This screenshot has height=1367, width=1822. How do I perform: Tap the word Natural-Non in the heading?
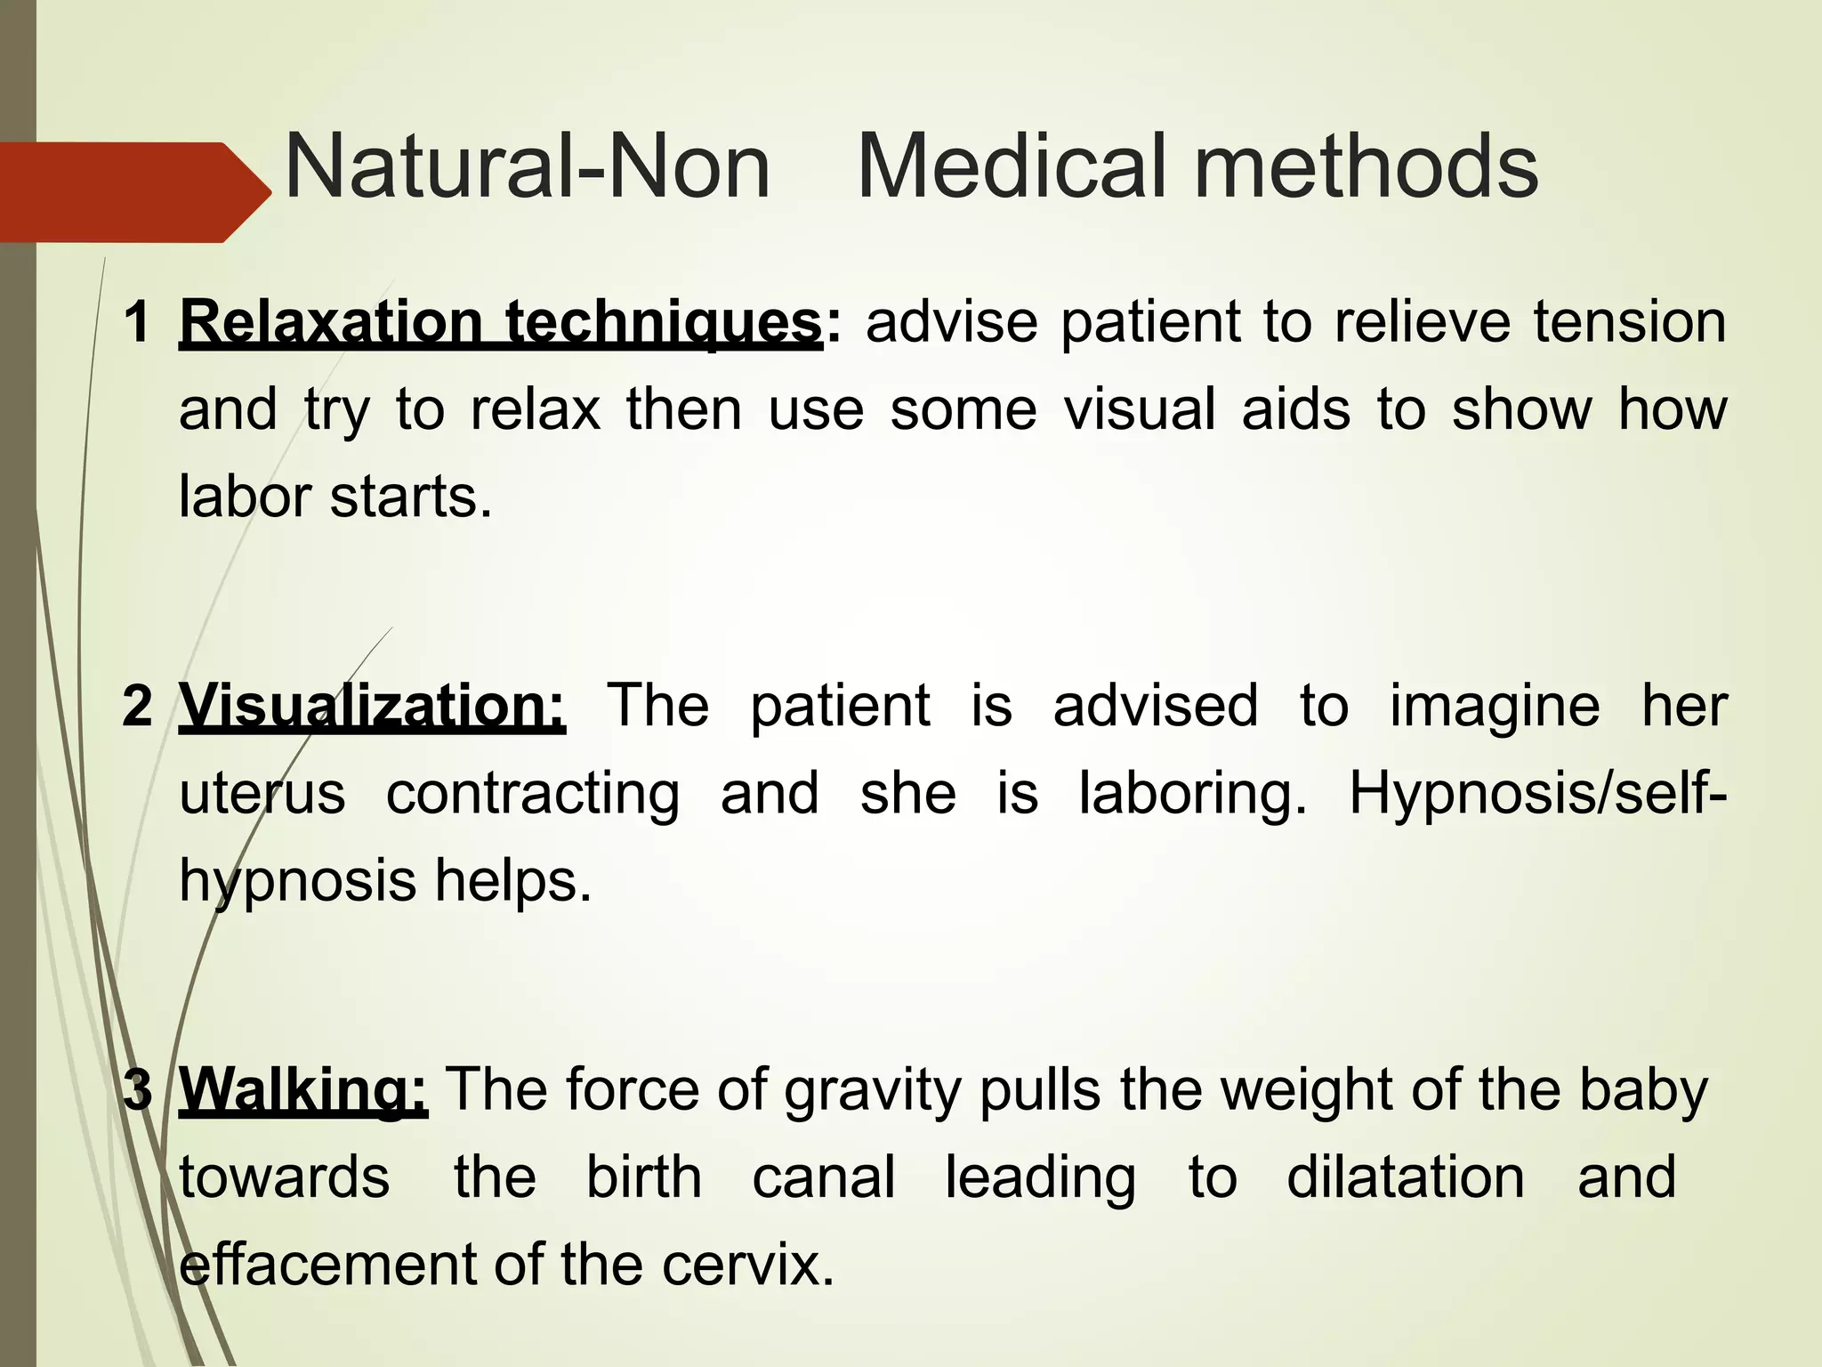527,167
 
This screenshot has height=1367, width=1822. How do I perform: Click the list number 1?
137,321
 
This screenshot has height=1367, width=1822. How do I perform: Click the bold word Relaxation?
330,321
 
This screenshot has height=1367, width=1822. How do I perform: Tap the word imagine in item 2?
1495,708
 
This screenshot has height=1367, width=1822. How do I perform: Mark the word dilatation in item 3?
1406,1177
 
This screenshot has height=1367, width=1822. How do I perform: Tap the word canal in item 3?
824,1177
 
